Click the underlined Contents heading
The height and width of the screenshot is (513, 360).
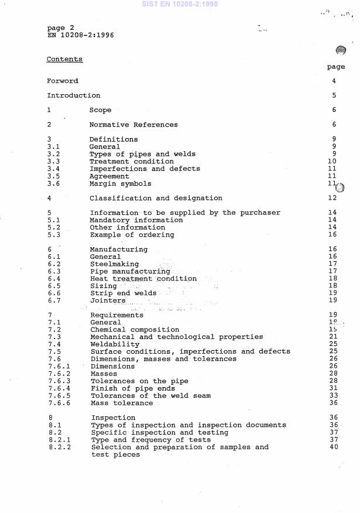tap(64, 59)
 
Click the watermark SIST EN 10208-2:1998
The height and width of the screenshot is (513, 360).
tap(180, 4)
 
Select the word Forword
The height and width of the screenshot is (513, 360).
tap(62, 81)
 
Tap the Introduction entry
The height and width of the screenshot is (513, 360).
tap(73, 95)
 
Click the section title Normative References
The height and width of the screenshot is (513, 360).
tap(133, 125)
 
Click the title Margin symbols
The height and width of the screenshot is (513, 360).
tap(120, 183)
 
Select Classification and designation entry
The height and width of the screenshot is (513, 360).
tap(156, 198)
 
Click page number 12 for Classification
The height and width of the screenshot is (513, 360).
tap(332, 198)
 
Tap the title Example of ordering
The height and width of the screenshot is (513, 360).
tap(132, 235)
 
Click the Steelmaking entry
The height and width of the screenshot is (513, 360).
tap(114, 264)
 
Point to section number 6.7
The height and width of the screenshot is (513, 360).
tap(54, 300)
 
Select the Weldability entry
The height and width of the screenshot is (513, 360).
tap(115, 344)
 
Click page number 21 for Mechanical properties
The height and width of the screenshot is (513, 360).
tap(333, 337)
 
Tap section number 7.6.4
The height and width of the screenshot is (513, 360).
tap(58, 388)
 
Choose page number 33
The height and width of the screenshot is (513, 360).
tap(333, 396)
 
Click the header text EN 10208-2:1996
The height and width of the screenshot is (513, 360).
tap(80, 35)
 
